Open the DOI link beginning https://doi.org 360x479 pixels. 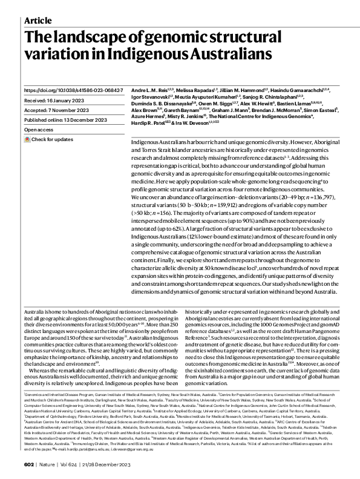click(x=73, y=90)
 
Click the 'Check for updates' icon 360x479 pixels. click(x=27, y=139)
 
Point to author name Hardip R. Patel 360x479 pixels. click(x=149, y=125)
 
